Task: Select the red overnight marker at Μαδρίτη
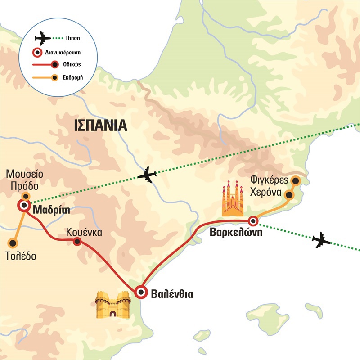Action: click(x=23, y=206)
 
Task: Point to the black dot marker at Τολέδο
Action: click(x=13, y=243)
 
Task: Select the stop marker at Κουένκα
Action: click(x=77, y=242)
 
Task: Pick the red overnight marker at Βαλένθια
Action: click(x=141, y=292)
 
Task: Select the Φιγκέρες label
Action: click(x=268, y=182)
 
